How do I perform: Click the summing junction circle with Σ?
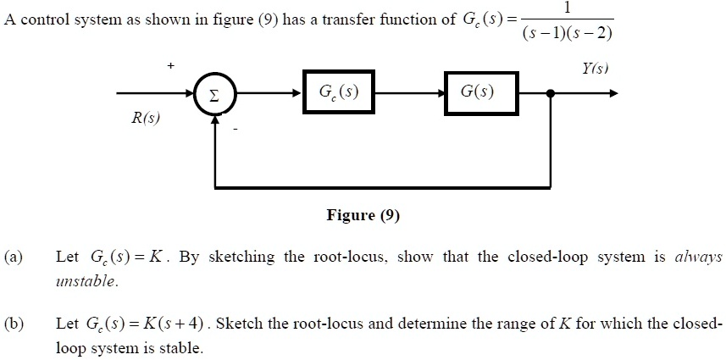[215, 95]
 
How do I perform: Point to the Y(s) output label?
[595, 68]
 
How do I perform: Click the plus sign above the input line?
[171, 65]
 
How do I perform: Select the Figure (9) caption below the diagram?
[363, 215]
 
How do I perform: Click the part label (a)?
[14, 256]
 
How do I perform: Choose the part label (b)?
[14, 324]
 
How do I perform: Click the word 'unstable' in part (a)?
[87, 280]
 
